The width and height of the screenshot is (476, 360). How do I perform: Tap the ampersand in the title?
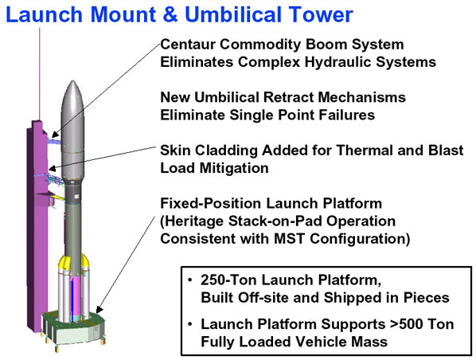pos(170,14)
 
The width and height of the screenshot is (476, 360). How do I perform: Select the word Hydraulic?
pos(338,63)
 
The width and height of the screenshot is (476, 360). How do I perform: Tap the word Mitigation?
pos(234,168)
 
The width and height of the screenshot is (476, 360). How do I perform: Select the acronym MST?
pos(289,239)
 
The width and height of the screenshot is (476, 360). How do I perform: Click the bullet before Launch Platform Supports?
pos(190,324)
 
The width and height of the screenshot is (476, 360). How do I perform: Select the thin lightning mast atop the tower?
pos(40,74)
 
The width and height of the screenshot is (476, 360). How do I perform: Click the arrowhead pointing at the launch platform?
pos(99,310)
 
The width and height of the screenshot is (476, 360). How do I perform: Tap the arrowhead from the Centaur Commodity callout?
pos(54,135)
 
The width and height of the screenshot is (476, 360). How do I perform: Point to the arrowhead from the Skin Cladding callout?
pos(53,168)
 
